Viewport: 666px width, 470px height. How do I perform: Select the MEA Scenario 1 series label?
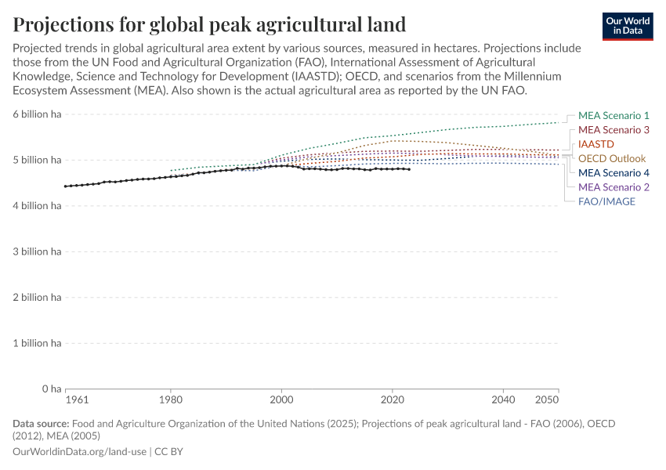(x=614, y=115)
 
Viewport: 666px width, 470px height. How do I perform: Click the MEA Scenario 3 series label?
(x=614, y=130)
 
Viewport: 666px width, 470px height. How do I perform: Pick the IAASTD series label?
(x=596, y=144)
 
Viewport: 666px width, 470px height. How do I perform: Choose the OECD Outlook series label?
(x=612, y=158)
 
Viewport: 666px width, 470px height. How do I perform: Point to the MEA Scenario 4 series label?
(x=614, y=172)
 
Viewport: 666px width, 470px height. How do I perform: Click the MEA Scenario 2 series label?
(x=614, y=187)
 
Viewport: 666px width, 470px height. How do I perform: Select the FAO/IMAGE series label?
(x=606, y=201)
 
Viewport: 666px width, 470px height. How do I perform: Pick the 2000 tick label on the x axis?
(x=281, y=399)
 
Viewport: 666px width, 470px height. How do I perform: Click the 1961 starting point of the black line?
(x=66, y=186)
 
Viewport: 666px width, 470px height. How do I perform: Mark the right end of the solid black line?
(x=409, y=169)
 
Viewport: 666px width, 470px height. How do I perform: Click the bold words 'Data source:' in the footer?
(x=41, y=424)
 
